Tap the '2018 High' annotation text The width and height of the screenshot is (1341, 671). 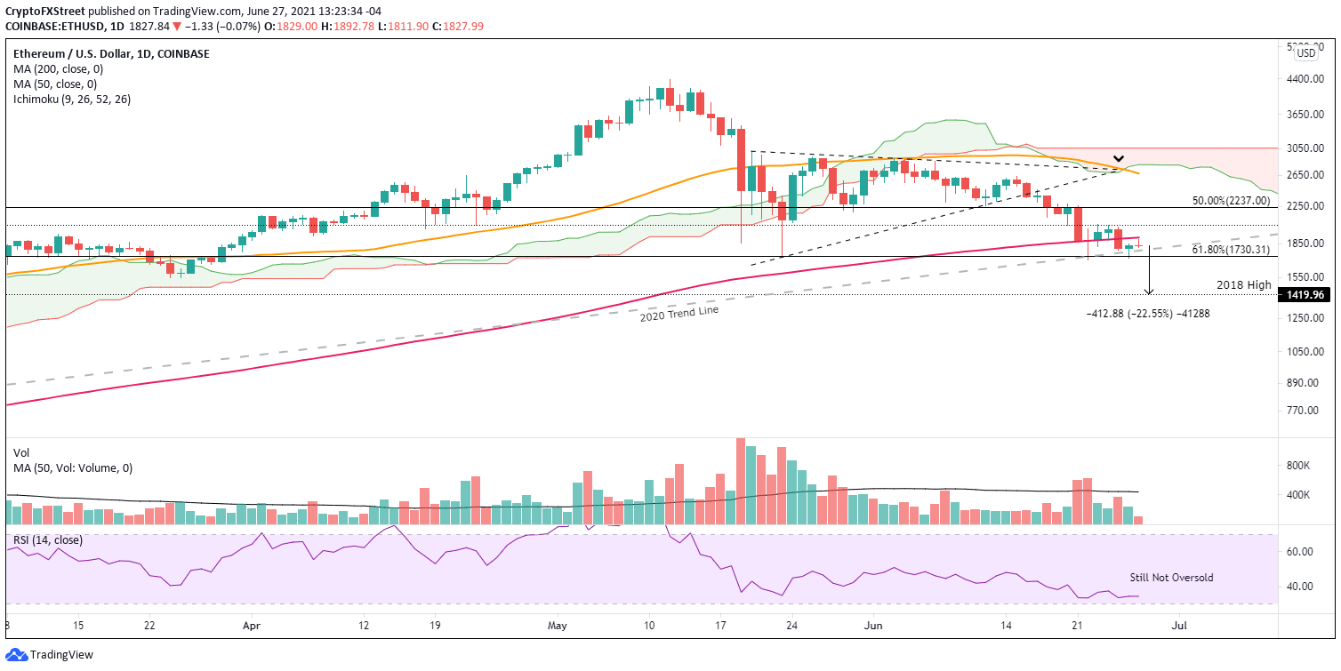point(1243,284)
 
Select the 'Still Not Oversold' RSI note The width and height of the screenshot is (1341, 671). point(1171,578)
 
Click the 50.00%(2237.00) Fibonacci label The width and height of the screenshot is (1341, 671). point(1232,201)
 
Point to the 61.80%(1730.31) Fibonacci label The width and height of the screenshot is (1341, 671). point(1232,250)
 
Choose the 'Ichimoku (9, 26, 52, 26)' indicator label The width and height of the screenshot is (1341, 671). point(71,99)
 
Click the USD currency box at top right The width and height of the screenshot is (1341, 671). point(1305,53)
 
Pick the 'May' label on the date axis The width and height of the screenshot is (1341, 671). point(557,626)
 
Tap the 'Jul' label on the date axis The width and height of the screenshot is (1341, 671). point(1180,626)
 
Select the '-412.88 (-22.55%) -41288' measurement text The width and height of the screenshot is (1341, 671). point(1147,314)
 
